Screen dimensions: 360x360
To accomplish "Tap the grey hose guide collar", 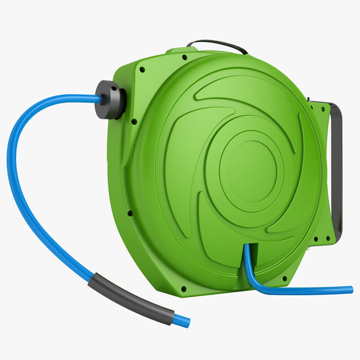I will tap(112, 99).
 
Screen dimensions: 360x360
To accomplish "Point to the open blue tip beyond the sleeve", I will tap(185, 322).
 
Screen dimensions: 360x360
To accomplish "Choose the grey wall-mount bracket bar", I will tap(338, 168).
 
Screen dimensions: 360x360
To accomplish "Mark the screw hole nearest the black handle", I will tap(185, 58).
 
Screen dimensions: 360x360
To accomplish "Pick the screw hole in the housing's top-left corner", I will tap(143, 69).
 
